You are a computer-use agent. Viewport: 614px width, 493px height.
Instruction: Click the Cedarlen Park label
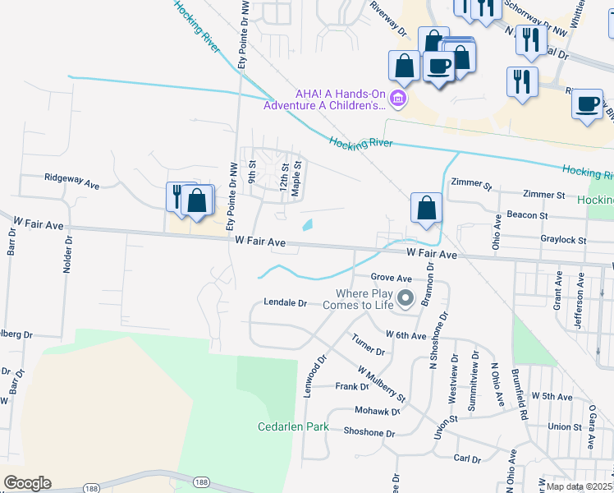tap(293, 426)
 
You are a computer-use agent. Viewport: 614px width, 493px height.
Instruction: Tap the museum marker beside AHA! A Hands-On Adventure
tap(398, 99)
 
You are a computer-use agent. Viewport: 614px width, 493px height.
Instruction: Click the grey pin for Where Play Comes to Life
tap(405, 298)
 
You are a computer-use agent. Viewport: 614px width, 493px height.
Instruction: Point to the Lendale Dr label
tap(285, 302)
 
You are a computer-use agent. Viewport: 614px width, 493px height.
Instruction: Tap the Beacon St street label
tap(527, 214)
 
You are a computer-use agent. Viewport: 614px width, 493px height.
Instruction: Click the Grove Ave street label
tap(391, 278)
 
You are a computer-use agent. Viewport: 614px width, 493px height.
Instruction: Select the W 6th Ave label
tap(406, 335)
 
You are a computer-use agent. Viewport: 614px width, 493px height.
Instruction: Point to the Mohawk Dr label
tap(378, 410)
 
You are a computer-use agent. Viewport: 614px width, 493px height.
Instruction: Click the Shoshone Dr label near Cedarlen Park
tap(369, 432)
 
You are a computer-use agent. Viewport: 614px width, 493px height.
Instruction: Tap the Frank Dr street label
tap(352, 386)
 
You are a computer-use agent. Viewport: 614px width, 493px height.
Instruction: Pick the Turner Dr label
tap(368, 345)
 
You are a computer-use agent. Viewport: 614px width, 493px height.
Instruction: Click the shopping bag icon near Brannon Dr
tap(427, 208)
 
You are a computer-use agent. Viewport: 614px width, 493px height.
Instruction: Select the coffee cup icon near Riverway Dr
tap(438, 67)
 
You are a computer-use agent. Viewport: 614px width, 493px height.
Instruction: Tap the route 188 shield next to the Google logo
tap(92, 488)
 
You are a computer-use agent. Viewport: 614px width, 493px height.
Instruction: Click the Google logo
tap(28, 483)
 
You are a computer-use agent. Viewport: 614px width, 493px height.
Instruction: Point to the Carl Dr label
tap(466, 458)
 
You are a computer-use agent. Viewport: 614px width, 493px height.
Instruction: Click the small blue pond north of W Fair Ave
tap(308, 224)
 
